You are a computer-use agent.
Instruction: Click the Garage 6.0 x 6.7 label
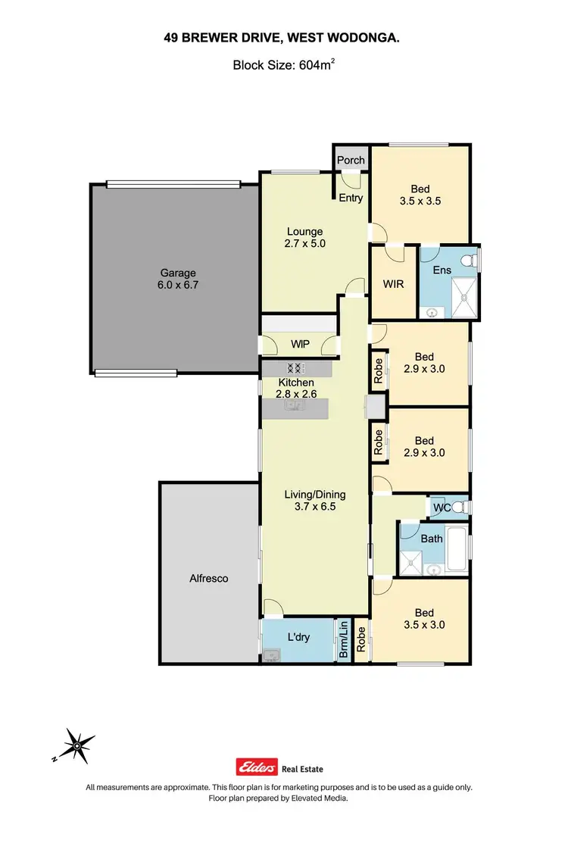[x=177, y=280]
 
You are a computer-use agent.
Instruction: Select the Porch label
[x=351, y=160]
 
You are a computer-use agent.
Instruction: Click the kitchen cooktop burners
[x=296, y=368]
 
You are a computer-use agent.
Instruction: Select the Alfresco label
[x=208, y=578]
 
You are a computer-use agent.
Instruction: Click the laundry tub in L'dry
[x=271, y=654]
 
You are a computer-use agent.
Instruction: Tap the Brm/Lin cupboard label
[x=344, y=639]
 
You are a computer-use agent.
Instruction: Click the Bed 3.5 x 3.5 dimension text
[x=420, y=201]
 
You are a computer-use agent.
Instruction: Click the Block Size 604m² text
[x=283, y=66]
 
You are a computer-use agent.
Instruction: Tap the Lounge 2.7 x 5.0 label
[x=304, y=238]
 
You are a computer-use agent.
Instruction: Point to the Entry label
[x=351, y=198]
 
